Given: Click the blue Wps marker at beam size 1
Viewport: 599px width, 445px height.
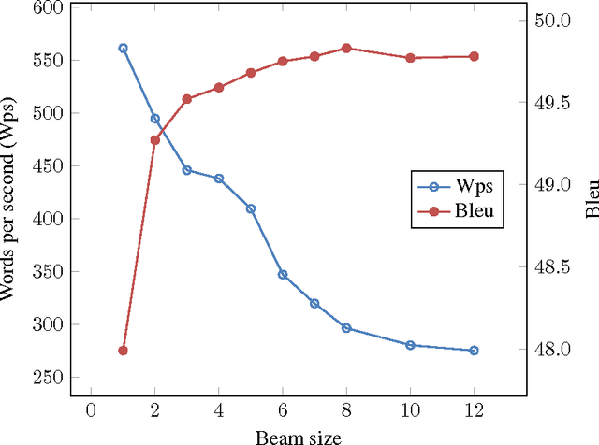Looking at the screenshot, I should [123, 48].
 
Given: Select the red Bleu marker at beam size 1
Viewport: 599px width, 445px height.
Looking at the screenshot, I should [123, 351].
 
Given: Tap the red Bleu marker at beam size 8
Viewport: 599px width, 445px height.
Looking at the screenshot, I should [346, 48].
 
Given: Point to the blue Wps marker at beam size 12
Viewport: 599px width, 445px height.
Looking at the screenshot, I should [474, 351].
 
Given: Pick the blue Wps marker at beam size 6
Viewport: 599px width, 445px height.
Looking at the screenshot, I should [283, 275].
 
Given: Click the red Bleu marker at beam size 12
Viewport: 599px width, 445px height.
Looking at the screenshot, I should [474, 56].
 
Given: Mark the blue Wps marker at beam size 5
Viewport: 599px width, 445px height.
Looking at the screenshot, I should [251, 208].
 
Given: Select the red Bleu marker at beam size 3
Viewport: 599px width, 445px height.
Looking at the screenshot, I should [186, 99].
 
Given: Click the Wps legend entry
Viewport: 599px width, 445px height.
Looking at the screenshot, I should [458, 185].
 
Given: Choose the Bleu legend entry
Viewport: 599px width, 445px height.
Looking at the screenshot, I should [458, 211].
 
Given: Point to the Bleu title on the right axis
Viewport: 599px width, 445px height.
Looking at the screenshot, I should [591, 199].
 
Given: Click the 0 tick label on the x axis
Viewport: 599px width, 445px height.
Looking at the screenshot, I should [91, 409].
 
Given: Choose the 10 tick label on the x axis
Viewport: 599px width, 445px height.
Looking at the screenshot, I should [410, 409].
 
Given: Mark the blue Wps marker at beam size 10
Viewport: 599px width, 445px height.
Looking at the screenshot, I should [410, 345].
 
